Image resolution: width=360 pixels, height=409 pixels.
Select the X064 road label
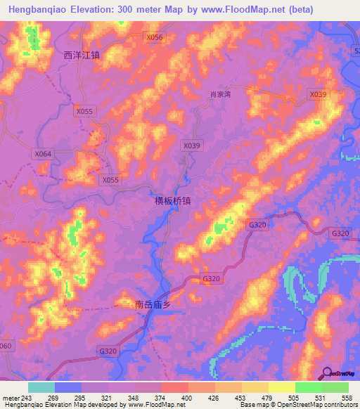coord(43,153)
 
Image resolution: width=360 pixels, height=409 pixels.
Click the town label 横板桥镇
coord(172,200)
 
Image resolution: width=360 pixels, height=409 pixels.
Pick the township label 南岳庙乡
coord(153,305)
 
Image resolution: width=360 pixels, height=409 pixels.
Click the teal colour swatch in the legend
coord(41,387)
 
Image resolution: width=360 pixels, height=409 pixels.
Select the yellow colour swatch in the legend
coord(282,387)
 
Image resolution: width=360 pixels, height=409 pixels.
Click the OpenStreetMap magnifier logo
coord(327,373)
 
